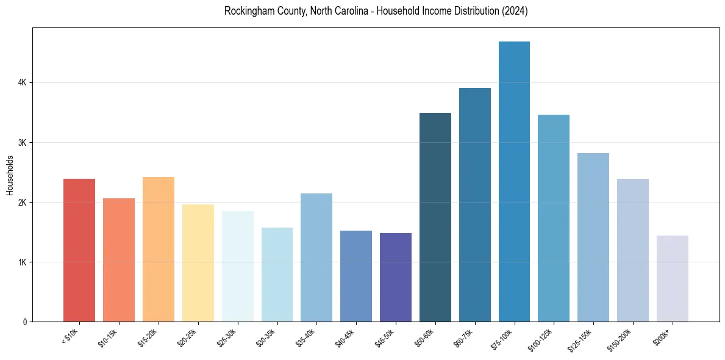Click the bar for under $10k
pos(79,250)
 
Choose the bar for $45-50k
pos(396,277)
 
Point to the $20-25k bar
pos(198,263)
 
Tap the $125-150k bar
pos(593,237)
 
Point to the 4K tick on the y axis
pos(22,83)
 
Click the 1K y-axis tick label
pos(22,262)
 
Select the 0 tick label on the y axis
pos(24,322)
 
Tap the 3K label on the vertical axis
pos(22,143)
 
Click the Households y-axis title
pos(10,175)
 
